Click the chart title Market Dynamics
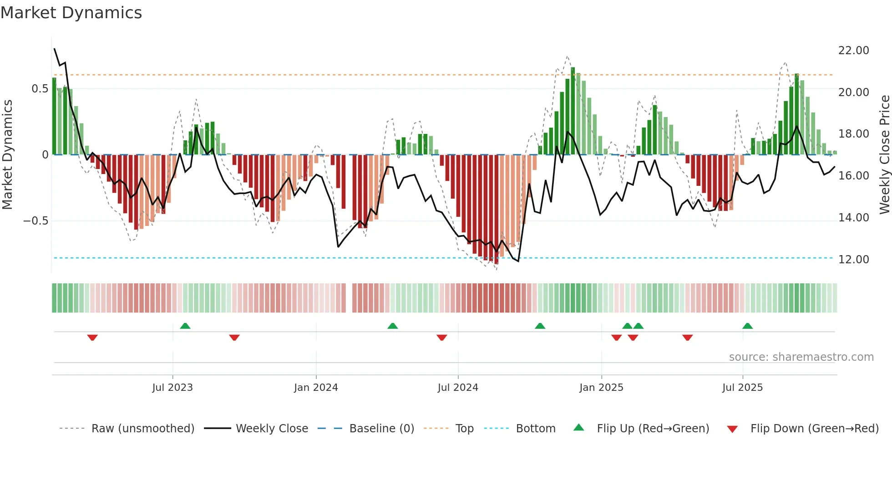coord(71,13)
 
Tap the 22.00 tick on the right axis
coord(853,51)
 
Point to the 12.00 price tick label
coord(853,260)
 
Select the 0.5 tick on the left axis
coord(40,89)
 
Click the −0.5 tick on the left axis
coord(36,221)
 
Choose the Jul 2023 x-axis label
coord(172,388)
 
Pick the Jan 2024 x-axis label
coord(316,388)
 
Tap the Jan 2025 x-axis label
coord(601,388)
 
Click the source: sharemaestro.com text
coord(801,357)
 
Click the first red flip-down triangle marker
coord(92,338)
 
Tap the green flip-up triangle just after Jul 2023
coord(185,326)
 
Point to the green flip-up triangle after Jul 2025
coord(747,326)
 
